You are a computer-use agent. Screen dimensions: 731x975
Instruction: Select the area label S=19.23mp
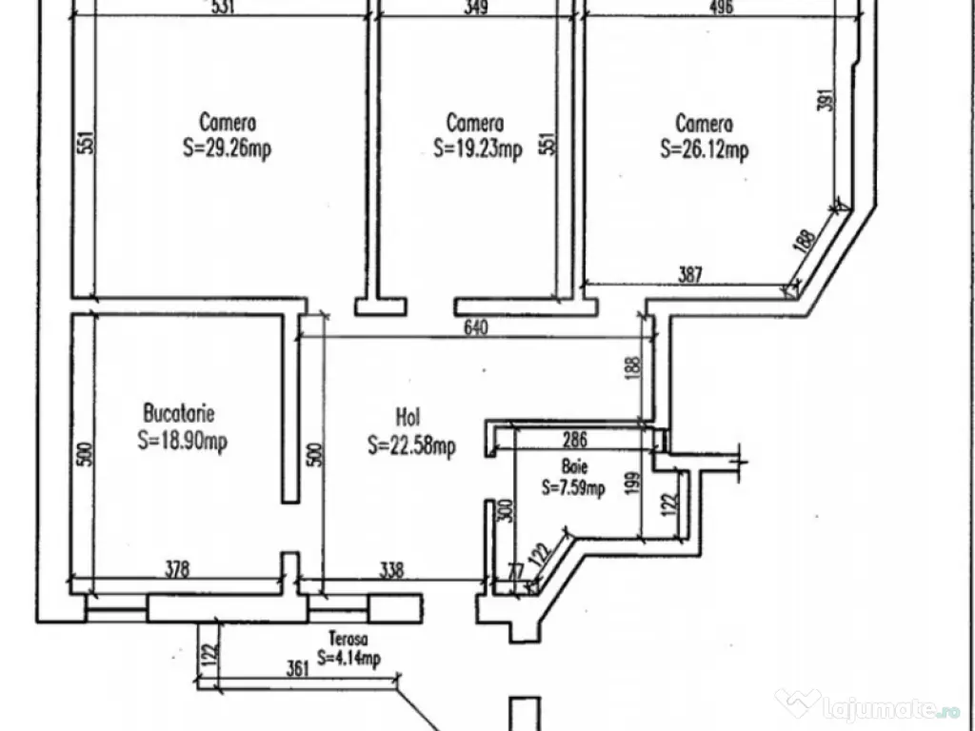(x=477, y=149)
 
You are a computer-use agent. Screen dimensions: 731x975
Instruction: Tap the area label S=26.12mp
(x=705, y=149)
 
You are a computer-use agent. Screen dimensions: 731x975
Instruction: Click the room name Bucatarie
(x=179, y=414)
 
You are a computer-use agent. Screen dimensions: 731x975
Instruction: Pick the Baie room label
(x=574, y=467)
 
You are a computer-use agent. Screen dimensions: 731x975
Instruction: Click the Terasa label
(x=348, y=640)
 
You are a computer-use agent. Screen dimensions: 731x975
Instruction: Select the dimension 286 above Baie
(x=574, y=440)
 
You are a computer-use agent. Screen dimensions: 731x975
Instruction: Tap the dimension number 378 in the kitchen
(x=178, y=570)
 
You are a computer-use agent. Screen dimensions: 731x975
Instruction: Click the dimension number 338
(x=391, y=570)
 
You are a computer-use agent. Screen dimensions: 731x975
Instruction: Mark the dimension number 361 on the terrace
(x=298, y=669)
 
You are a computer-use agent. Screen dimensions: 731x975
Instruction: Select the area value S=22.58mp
(x=411, y=445)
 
